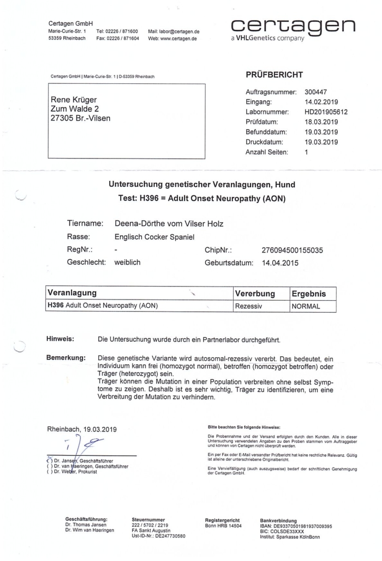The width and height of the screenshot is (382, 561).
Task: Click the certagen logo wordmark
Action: point(293,25)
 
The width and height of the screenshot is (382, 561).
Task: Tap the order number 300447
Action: point(315,92)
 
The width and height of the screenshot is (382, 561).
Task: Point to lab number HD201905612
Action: point(326,112)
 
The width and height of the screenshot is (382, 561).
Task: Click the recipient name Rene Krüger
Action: point(74,100)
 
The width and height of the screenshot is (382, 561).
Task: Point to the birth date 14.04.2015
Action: point(280,263)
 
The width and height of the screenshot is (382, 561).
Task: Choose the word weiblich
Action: point(128,263)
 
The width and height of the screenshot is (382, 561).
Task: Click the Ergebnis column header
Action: point(309,294)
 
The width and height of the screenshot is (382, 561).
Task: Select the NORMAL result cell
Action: point(306,306)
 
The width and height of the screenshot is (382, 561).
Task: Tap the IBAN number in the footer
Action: point(296,527)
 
